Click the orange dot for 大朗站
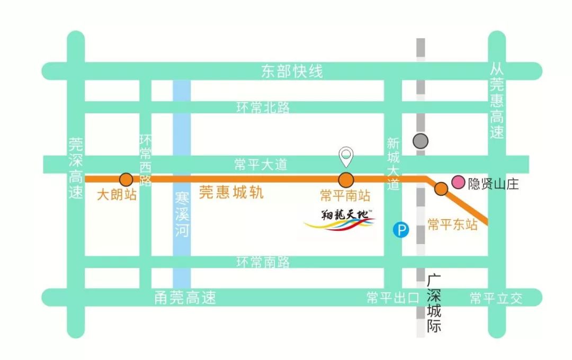[126, 179]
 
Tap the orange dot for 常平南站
[346, 179]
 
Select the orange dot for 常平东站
[441, 188]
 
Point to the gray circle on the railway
[421, 141]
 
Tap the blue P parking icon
[402, 230]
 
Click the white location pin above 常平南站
[346, 156]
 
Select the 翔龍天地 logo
[339, 220]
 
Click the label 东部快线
[292, 71]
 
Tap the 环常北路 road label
[263, 107]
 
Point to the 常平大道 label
[261, 165]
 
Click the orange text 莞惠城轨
[231, 192]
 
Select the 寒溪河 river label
[182, 214]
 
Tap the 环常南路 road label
[263, 262]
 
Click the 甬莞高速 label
[185, 298]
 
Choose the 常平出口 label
[392, 298]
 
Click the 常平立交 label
[496, 298]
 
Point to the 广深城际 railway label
[434, 303]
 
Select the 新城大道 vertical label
[393, 164]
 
